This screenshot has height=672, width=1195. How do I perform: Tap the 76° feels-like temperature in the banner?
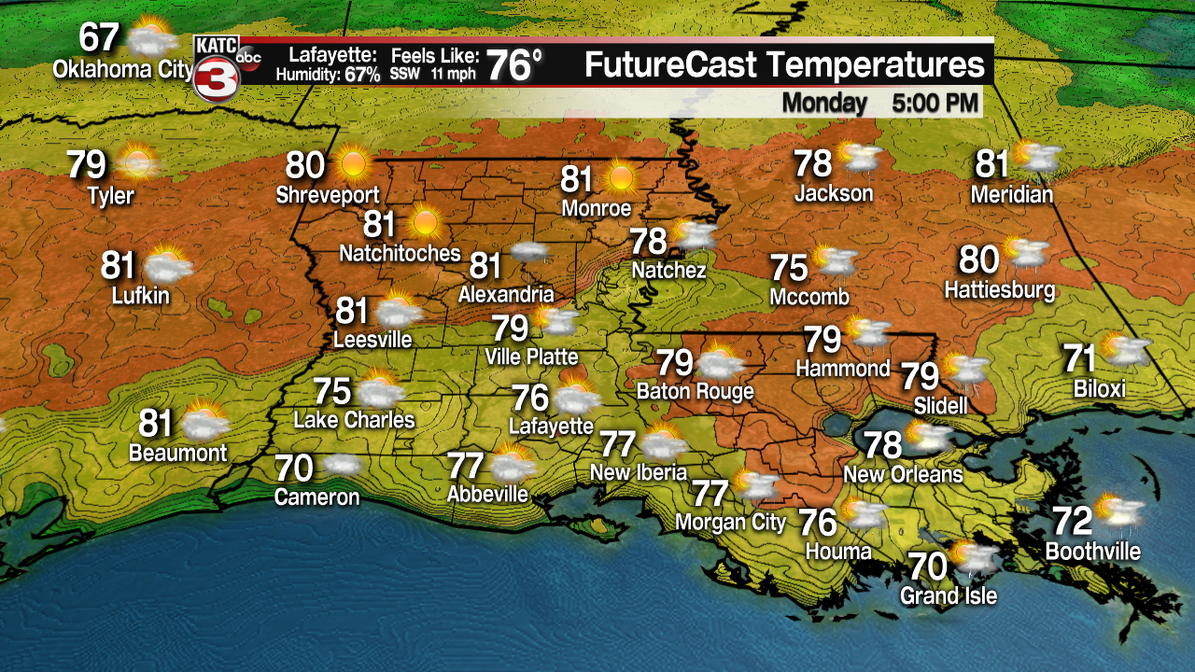click(x=514, y=66)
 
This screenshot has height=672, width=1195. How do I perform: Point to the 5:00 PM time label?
click(x=935, y=102)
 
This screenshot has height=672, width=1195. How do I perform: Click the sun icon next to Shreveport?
click(x=353, y=164)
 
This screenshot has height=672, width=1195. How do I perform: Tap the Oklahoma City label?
click(x=122, y=69)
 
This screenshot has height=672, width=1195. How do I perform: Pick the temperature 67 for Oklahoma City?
click(x=99, y=38)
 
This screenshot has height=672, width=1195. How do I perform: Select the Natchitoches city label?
click(x=400, y=253)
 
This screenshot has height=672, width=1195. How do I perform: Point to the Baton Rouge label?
click(x=695, y=391)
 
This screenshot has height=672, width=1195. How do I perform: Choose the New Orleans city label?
click(x=902, y=474)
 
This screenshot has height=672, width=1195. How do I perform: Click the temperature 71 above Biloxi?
click(x=1080, y=358)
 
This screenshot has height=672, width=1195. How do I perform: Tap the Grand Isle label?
click(x=949, y=595)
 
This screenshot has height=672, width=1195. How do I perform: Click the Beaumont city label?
click(x=178, y=454)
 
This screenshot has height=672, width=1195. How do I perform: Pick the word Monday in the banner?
click(x=824, y=102)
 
